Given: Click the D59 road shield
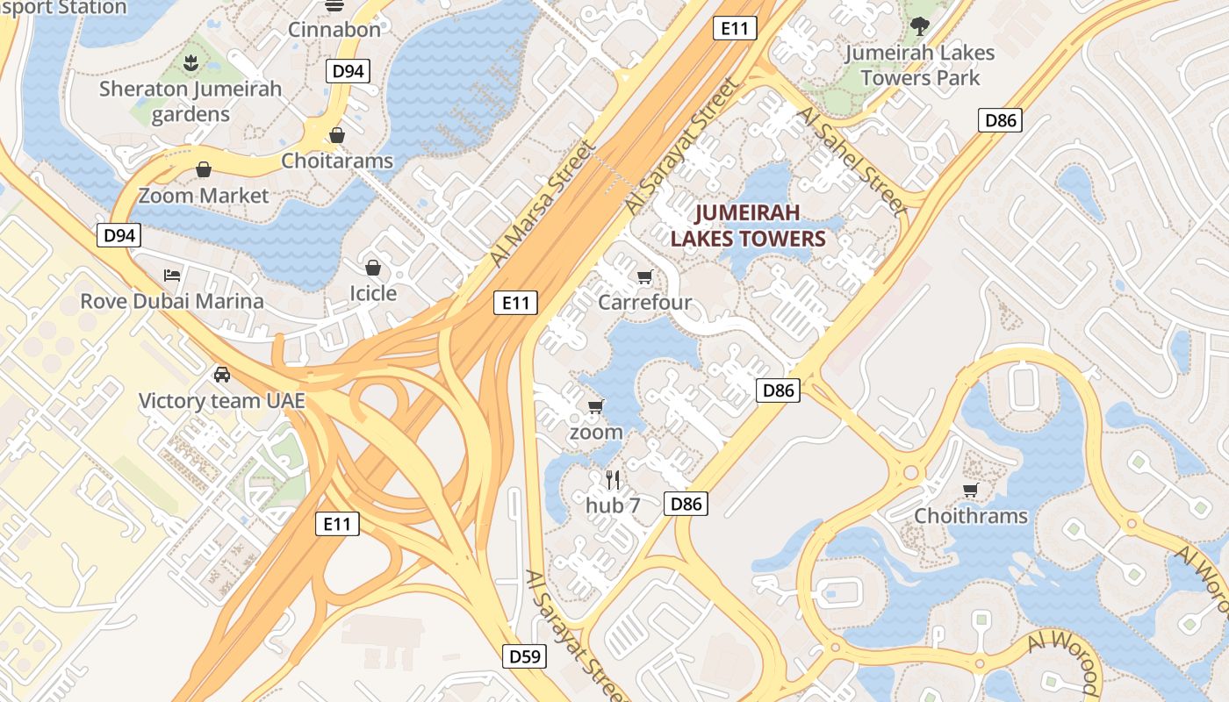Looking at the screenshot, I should click(x=525, y=656).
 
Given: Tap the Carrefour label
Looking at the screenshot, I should click(x=644, y=303).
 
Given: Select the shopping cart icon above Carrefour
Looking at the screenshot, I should click(x=645, y=277).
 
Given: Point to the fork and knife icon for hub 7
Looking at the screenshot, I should click(x=613, y=479).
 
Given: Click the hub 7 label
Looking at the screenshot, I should click(x=613, y=505).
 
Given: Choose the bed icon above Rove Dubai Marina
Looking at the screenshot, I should click(x=172, y=276).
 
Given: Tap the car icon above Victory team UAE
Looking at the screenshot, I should click(x=222, y=375).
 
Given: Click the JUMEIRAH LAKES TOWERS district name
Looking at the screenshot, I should click(x=748, y=226).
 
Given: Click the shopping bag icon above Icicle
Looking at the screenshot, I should click(x=373, y=267).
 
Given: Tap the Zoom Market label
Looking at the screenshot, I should click(x=204, y=195).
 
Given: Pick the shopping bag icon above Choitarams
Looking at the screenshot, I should click(x=337, y=135).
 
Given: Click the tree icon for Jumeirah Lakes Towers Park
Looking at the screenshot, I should click(x=919, y=26).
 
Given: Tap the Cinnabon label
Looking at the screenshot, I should click(x=334, y=29).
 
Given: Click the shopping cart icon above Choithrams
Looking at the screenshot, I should click(x=970, y=490).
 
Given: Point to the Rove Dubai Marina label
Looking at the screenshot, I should click(x=172, y=301).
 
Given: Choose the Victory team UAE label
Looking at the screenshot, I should click(x=222, y=401).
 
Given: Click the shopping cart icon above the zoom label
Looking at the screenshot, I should click(x=596, y=406).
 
